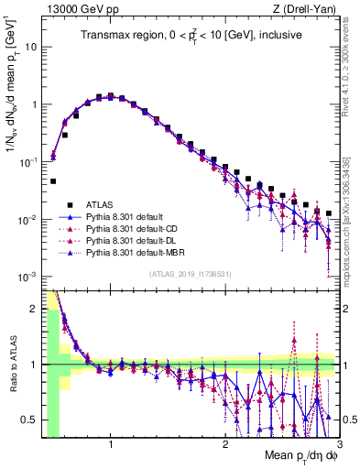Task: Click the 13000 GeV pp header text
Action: point(76,9)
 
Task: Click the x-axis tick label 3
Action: point(338,444)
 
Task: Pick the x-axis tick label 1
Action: point(111,444)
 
